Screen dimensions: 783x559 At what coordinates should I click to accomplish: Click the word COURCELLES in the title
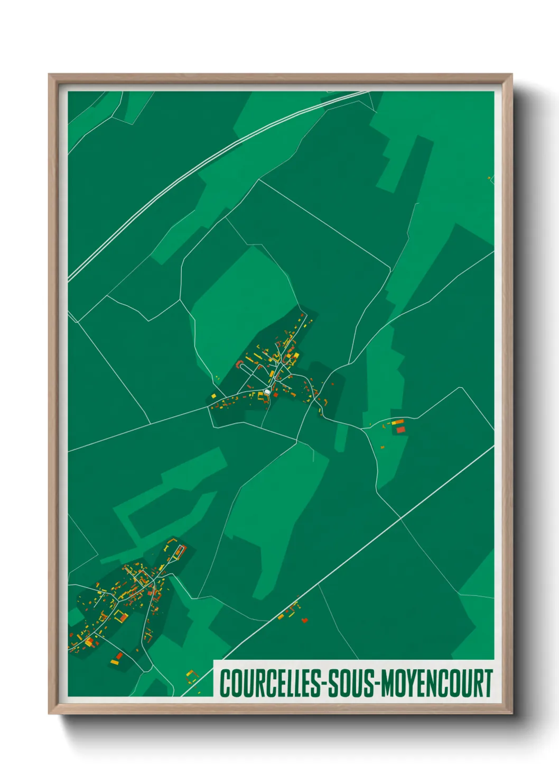[270, 683]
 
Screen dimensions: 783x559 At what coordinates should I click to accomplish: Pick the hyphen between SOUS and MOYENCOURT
[376, 684]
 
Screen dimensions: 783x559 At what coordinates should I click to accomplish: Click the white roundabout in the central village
[267, 391]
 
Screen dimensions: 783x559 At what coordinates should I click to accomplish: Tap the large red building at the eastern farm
[400, 429]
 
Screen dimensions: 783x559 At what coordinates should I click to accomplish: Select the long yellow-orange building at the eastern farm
[397, 422]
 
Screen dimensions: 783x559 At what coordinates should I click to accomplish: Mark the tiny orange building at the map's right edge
[489, 178]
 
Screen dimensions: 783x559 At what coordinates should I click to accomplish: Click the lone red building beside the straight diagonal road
[304, 620]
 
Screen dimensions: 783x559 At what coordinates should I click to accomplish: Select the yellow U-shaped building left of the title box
[191, 674]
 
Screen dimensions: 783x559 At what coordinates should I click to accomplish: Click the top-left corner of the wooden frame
[49, 75]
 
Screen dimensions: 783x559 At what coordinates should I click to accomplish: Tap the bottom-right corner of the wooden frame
[511, 713]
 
